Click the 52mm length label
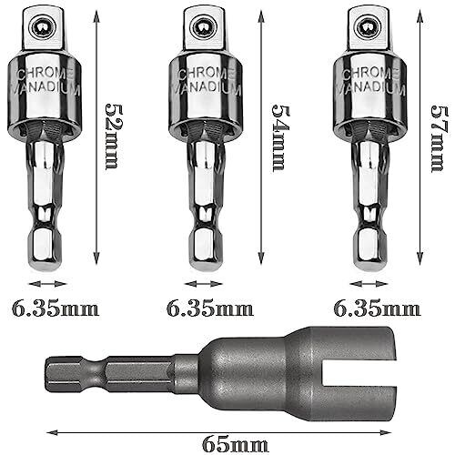pyautogui.click(x=111, y=136)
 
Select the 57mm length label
pyautogui.click(x=439, y=138)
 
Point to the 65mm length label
pyautogui.click(x=236, y=445)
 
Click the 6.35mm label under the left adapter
pyautogui.click(x=56, y=309)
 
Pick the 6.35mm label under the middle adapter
pyautogui.click(x=210, y=309)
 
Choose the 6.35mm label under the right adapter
pyautogui.click(x=377, y=309)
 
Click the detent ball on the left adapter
pyautogui.click(x=43, y=27)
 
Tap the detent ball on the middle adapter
pyautogui.click(x=204, y=27)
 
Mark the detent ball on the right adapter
pyautogui.click(x=369, y=27)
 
